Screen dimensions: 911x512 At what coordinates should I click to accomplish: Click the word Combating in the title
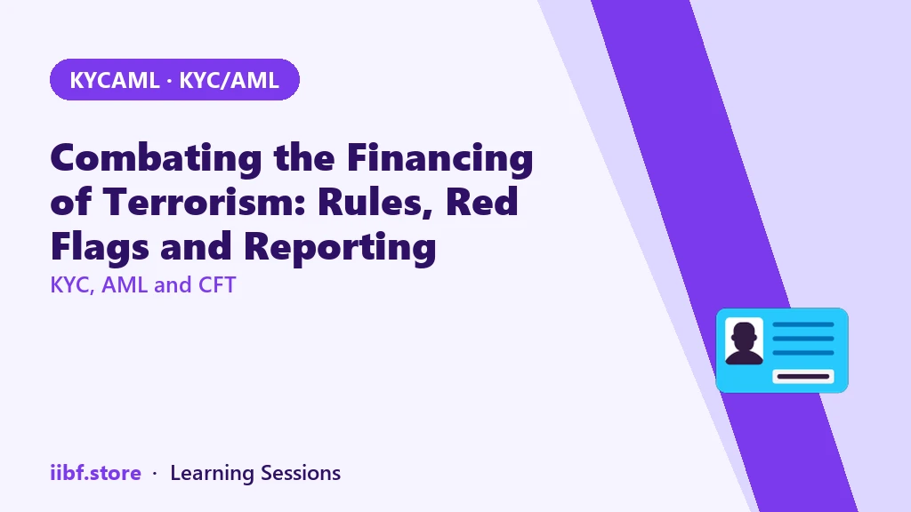pyautogui.click(x=157, y=158)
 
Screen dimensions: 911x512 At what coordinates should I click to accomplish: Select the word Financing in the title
pyautogui.click(x=439, y=158)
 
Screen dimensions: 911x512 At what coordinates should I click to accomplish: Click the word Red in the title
pyautogui.click(x=481, y=202)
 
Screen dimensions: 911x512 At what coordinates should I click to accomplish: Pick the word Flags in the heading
pyautogui.click(x=100, y=247)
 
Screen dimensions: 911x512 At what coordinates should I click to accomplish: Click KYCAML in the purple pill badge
pyautogui.click(x=115, y=80)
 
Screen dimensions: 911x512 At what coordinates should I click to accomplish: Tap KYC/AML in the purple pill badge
pyautogui.click(x=229, y=80)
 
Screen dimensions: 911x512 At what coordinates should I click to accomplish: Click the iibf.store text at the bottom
pyautogui.click(x=96, y=473)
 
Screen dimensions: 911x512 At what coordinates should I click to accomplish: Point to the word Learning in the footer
pyautogui.click(x=212, y=474)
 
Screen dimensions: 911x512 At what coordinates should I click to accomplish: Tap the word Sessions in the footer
pyautogui.click(x=301, y=473)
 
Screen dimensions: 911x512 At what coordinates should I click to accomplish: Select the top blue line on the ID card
pyautogui.click(x=803, y=324)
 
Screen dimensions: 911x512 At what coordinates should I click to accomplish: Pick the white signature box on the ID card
pyautogui.click(x=803, y=377)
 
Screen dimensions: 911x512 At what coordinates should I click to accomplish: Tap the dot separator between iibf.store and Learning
pyautogui.click(x=155, y=474)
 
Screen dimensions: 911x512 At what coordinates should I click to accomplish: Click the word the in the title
pyautogui.click(x=304, y=158)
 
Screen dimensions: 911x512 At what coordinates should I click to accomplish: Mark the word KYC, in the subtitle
pyautogui.click(x=73, y=285)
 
